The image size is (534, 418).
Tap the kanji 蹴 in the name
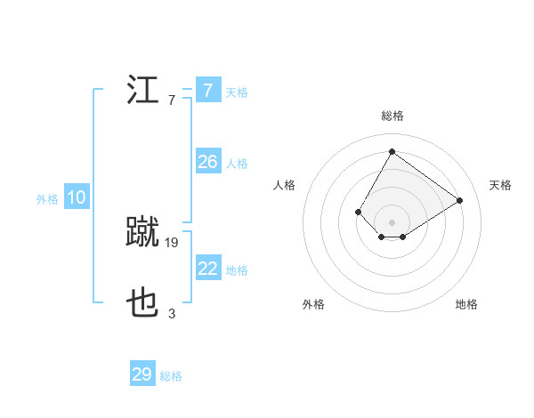[143, 233]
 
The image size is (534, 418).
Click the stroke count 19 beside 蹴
[172, 242]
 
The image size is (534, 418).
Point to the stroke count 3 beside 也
[172, 313]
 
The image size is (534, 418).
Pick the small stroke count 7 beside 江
[172, 100]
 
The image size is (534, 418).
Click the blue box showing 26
[207, 162]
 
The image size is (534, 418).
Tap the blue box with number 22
[207, 269]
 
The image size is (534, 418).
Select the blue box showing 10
[76, 197]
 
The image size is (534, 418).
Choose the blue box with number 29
[142, 374]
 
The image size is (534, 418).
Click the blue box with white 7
[207, 91]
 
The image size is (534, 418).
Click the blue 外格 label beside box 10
[47, 199]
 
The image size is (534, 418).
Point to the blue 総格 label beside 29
[171, 376]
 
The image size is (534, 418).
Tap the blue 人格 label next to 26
[237, 164]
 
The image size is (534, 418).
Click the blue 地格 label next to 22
[237, 270]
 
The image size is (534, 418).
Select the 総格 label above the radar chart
[392, 116]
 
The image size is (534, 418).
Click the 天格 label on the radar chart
[500, 185]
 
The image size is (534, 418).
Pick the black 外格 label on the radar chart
[313, 304]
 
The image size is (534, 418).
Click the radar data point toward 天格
[459, 200]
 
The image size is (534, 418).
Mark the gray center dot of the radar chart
[392, 221]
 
